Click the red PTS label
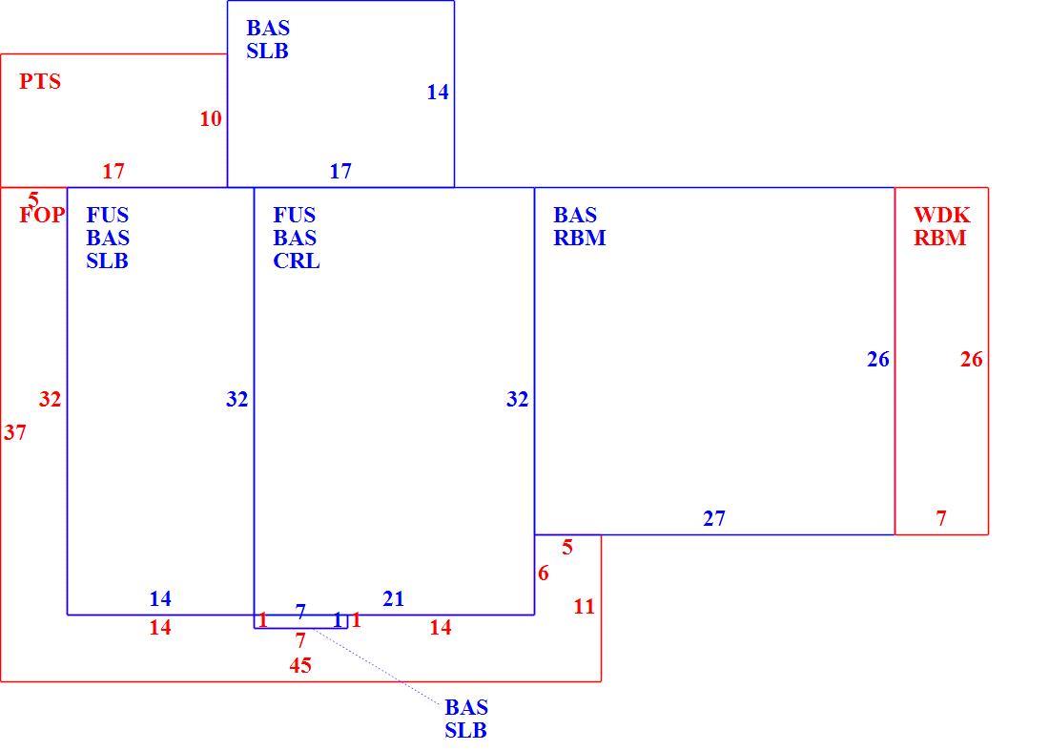click(40, 82)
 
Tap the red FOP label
click(42, 215)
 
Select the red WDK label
click(941, 215)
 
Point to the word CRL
click(297, 261)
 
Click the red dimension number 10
click(211, 118)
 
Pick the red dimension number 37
click(14, 432)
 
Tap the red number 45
click(300, 665)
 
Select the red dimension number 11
click(584, 606)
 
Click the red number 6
click(544, 573)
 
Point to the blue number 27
click(714, 518)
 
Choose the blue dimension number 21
click(393, 598)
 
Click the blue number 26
click(877, 360)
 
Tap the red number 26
click(972, 360)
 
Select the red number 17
click(113, 172)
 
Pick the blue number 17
click(339, 172)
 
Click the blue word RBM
click(580, 238)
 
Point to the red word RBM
click(940, 238)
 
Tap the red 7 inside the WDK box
click(941, 518)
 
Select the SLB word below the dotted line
click(465, 730)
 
